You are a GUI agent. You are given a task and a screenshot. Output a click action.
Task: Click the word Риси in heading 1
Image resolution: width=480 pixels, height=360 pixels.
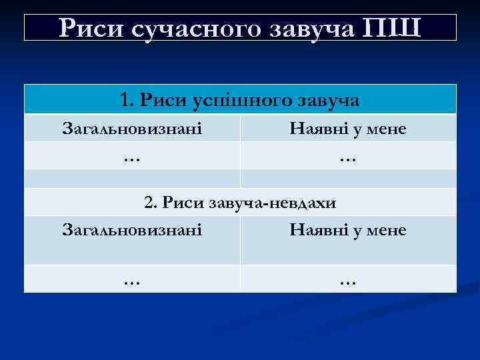[163, 100]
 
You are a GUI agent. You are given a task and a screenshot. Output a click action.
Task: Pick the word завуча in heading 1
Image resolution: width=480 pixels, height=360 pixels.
[325, 101]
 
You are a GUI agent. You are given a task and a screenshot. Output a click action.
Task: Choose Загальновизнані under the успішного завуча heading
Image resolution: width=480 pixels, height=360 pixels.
[132, 128]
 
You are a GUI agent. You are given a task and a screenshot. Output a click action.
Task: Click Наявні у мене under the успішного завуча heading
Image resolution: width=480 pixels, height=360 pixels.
[348, 128]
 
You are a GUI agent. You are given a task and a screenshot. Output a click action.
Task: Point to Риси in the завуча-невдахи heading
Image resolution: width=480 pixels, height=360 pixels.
[183, 202]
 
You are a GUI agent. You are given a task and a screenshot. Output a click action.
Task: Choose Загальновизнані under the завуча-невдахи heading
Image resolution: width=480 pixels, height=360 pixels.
[132, 230]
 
